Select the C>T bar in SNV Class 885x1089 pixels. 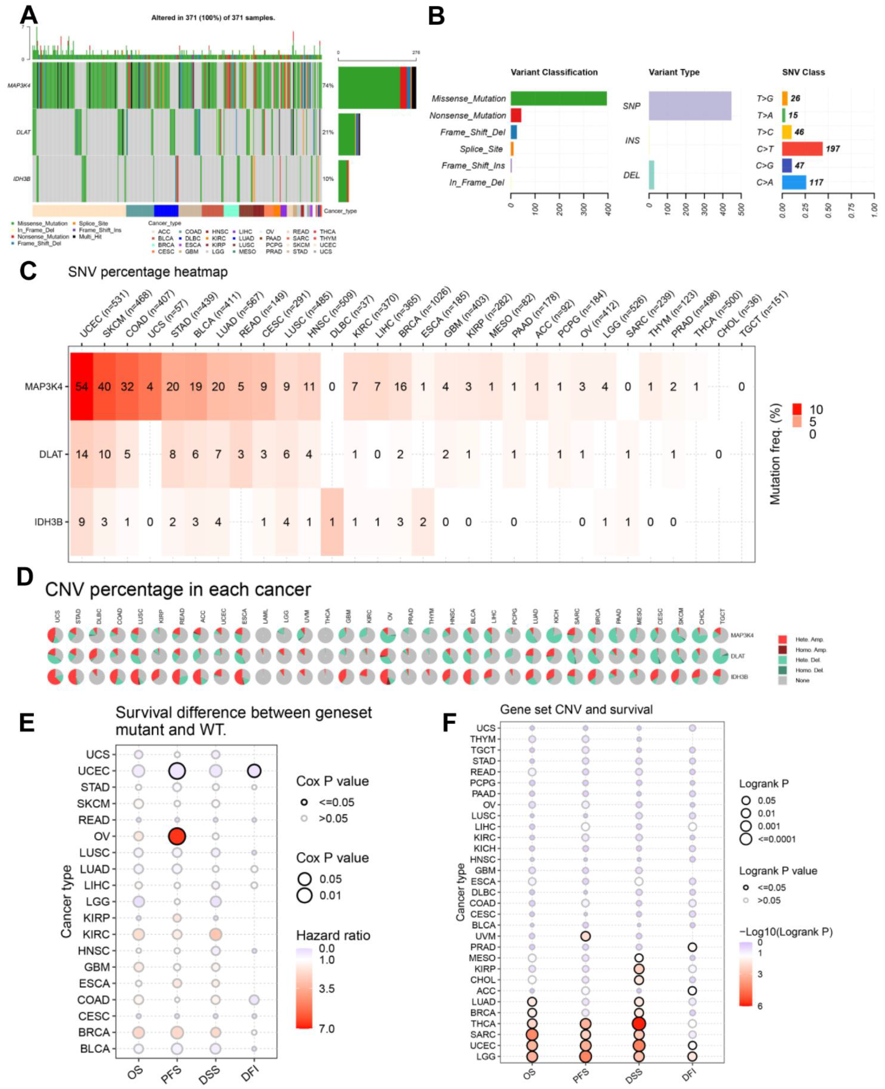pyautogui.click(x=802, y=149)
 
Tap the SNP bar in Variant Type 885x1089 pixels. pyautogui.click(x=690, y=106)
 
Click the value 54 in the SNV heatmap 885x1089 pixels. pyautogui.click(x=82, y=387)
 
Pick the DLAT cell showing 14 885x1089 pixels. pyautogui.click(x=82, y=454)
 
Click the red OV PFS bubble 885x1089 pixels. pyautogui.click(x=177, y=836)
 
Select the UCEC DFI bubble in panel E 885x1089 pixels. pyautogui.click(x=254, y=771)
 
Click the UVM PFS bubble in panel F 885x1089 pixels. pyautogui.click(x=585, y=936)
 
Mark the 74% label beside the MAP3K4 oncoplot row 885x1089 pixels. pyautogui.click(x=328, y=86)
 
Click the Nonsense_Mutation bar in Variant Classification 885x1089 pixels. pyautogui.click(x=516, y=115)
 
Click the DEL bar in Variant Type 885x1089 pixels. pyautogui.click(x=651, y=175)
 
